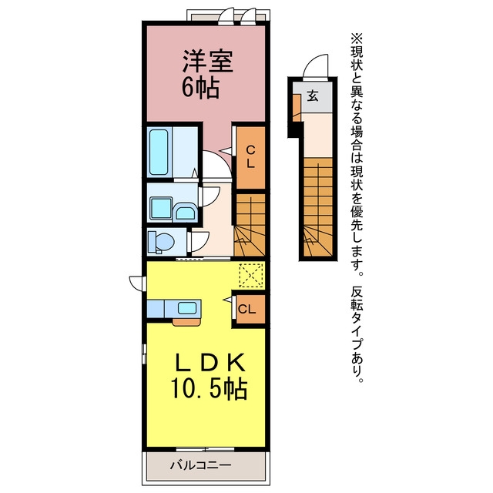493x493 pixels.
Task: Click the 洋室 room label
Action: [208, 62]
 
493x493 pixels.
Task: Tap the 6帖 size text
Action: [200, 88]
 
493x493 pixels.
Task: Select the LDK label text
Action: [210, 363]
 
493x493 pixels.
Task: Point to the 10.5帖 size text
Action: [209, 388]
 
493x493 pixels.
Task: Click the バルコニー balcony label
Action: [200, 465]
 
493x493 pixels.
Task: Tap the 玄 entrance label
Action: [313, 96]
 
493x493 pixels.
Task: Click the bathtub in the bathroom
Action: [159, 153]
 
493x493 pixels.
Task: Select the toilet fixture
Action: [161, 242]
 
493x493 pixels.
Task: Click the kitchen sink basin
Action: [187, 308]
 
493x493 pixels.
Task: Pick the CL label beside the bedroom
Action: [250, 157]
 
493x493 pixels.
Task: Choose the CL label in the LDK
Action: [246, 310]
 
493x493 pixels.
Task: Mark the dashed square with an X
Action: [251, 275]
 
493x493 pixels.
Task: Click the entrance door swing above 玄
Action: [315, 65]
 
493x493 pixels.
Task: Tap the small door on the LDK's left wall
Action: [138, 283]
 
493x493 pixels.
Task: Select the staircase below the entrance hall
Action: [318, 207]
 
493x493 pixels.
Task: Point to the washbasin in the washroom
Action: [185, 212]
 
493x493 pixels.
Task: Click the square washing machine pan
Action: [161, 208]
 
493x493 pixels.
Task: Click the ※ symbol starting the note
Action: [357, 39]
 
